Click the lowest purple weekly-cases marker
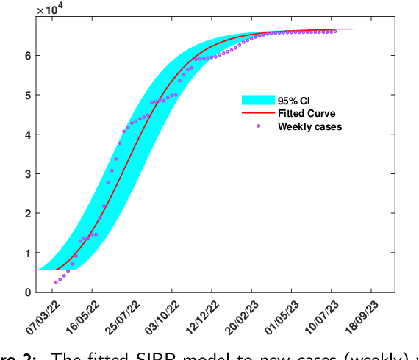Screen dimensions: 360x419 [x=56, y=281]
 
